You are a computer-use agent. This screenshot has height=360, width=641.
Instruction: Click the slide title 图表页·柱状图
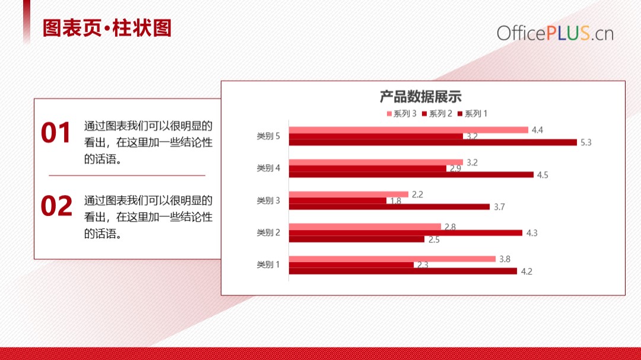pyautogui.click(x=107, y=28)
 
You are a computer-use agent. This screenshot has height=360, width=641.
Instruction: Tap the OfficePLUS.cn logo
pyautogui.click(x=555, y=33)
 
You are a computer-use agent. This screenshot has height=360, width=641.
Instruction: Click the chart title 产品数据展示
pyautogui.click(x=421, y=97)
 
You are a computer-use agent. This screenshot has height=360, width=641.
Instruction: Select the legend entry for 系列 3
pyautogui.click(x=401, y=114)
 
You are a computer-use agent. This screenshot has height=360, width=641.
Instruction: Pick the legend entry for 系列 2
pyautogui.click(x=437, y=114)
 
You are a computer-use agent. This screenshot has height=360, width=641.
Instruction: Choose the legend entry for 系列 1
pyautogui.click(x=472, y=114)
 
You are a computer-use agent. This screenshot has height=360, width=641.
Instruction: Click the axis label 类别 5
pyautogui.click(x=268, y=136)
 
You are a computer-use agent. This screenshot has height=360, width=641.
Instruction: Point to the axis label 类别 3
pyautogui.click(x=268, y=200)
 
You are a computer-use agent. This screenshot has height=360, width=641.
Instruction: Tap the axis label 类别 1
pyautogui.click(x=268, y=265)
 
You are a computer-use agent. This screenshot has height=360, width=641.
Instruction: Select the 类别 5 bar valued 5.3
pyautogui.click(x=433, y=142)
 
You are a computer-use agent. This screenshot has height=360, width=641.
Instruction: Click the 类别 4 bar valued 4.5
pyautogui.click(x=411, y=175)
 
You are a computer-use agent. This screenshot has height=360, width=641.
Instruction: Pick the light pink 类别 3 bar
pyautogui.click(x=349, y=194)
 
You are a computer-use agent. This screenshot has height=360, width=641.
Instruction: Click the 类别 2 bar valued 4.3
pyautogui.click(x=405, y=233)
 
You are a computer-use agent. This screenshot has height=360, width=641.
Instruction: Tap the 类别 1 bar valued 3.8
pyautogui.click(x=392, y=259)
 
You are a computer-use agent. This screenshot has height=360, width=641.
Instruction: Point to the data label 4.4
pyautogui.click(x=537, y=130)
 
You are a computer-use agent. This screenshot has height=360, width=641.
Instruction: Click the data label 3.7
pyautogui.click(x=499, y=207)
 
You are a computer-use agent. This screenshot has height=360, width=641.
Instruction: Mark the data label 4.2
pyautogui.click(x=526, y=272)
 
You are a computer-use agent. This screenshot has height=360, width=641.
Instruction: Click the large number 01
pyautogui.click(x=56, y=132)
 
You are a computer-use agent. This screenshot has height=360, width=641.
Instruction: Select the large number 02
pyautogui.click(x=56, y=206)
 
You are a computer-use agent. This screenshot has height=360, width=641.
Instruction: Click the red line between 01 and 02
pyautogui.click(x=127, y=176)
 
